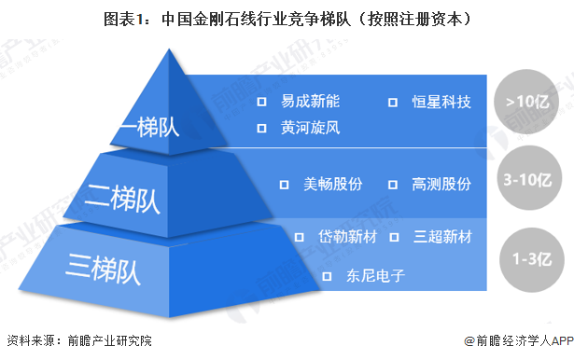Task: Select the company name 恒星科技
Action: (x=441, y=100)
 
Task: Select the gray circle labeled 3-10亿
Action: (x=529, y=178)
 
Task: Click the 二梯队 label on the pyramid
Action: (x=122, y=197)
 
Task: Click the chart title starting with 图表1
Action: (x=287, y=19)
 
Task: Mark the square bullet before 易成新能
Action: (x=262, y=100)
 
